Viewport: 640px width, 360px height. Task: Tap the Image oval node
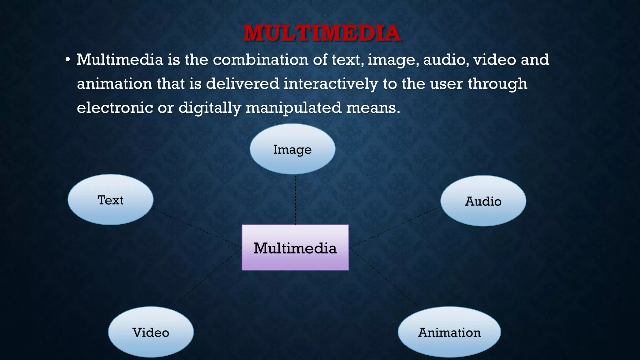(292, 149)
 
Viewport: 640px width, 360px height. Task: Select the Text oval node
(111, 200)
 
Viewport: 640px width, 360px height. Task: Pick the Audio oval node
(483, 201)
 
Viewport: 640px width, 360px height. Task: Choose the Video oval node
(151, 332)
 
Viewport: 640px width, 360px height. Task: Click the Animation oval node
(449, 332)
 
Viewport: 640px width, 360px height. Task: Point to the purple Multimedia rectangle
(295, 247)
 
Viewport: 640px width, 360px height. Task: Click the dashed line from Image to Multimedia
(296, 200)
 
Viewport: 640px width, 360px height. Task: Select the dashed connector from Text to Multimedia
(197, 228)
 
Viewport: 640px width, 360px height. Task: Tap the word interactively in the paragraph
(331, 84)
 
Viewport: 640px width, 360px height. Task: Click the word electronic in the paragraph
(115, 108)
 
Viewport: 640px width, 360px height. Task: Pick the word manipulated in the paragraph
(294, 108)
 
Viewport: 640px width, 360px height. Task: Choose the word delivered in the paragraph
(242, 84)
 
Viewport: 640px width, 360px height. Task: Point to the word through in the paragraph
(497, 84)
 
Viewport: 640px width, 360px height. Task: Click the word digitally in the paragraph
(210, 108)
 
